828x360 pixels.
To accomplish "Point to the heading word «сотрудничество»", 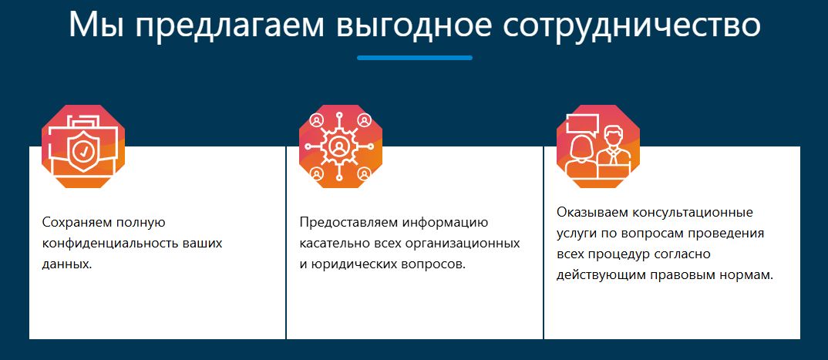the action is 631,25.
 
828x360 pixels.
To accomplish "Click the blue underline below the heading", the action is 415,58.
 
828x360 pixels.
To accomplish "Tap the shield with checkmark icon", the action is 82,153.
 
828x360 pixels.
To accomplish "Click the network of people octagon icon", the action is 341,146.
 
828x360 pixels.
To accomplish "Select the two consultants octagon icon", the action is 598,146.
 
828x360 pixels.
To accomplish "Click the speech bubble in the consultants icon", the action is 581,124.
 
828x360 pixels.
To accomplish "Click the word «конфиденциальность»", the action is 110,244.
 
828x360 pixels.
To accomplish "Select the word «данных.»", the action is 67,264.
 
